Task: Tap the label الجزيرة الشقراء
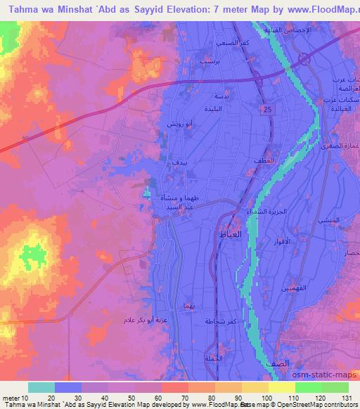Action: (259, 212)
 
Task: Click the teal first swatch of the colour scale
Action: (41, 387)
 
